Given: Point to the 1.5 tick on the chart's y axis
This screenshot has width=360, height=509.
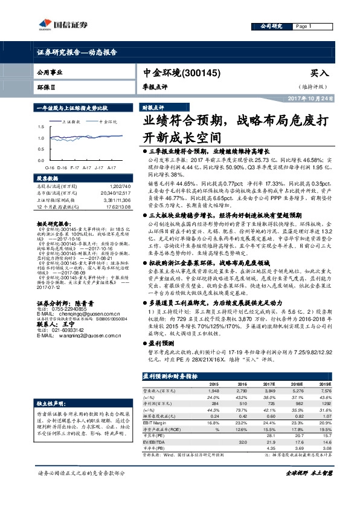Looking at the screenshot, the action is [40, 128].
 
